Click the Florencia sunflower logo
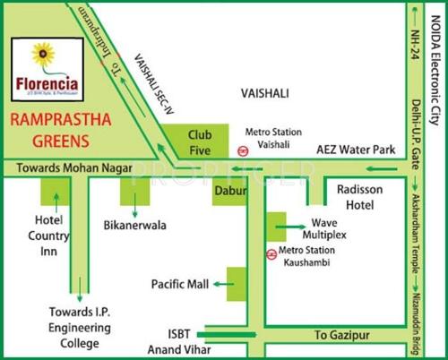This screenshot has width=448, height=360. pos(42,56)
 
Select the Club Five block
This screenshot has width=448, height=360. pos(199,141)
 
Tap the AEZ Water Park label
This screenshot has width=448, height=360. pos(358,150)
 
